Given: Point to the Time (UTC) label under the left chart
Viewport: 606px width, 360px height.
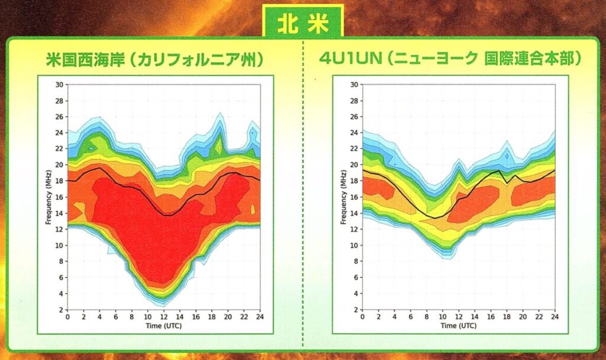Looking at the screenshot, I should click(163, 325).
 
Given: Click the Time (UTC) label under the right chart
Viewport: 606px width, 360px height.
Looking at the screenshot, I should click(459, 325).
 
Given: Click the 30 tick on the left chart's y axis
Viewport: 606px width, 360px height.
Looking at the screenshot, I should click(59, 84).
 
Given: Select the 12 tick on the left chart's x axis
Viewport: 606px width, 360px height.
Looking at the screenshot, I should click(163, 317).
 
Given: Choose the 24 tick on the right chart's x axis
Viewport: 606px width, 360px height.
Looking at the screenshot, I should click(555, 317).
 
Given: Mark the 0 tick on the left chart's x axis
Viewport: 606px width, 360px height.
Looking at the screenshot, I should click(67, 317).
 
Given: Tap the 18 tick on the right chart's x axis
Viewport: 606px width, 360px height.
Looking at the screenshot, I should click(507, 317).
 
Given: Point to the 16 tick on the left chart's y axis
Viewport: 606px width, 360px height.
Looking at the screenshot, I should click(59, 197).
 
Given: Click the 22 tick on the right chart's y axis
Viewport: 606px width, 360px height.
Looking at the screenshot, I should click(354, 149).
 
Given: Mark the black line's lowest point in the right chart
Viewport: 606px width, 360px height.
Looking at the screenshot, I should click(435, 218).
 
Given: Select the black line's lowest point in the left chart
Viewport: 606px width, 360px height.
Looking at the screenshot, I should click(167, 215).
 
